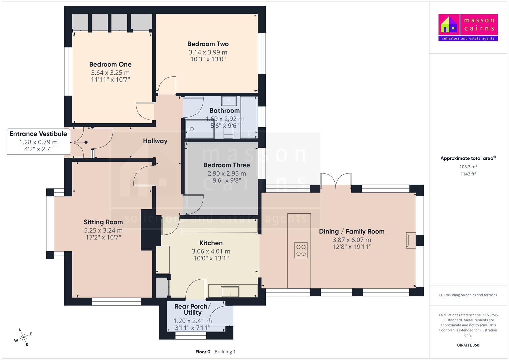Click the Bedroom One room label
coord(110,65)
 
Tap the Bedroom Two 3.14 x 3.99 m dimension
coord(208,52)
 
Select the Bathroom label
coord(225,111)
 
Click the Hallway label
coord(155,141)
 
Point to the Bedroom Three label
coord(227,165)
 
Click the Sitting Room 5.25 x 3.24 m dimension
coord(103,230)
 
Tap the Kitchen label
coord(211,243)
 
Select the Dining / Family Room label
coord(352,232)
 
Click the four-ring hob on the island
coord(301,250)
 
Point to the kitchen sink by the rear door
coord(230,292)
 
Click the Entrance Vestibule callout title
coord(38,134)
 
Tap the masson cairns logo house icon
coord(449,25)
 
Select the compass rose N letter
coord(20,330)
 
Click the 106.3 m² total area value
coord(468,167)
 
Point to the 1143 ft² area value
coord(468,174)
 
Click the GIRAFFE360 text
coord(468,345)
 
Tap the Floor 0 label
coord(203,352)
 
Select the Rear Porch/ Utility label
coord(192,310)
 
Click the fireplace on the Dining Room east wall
coord(411,240)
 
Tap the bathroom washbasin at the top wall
coord(229,101)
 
